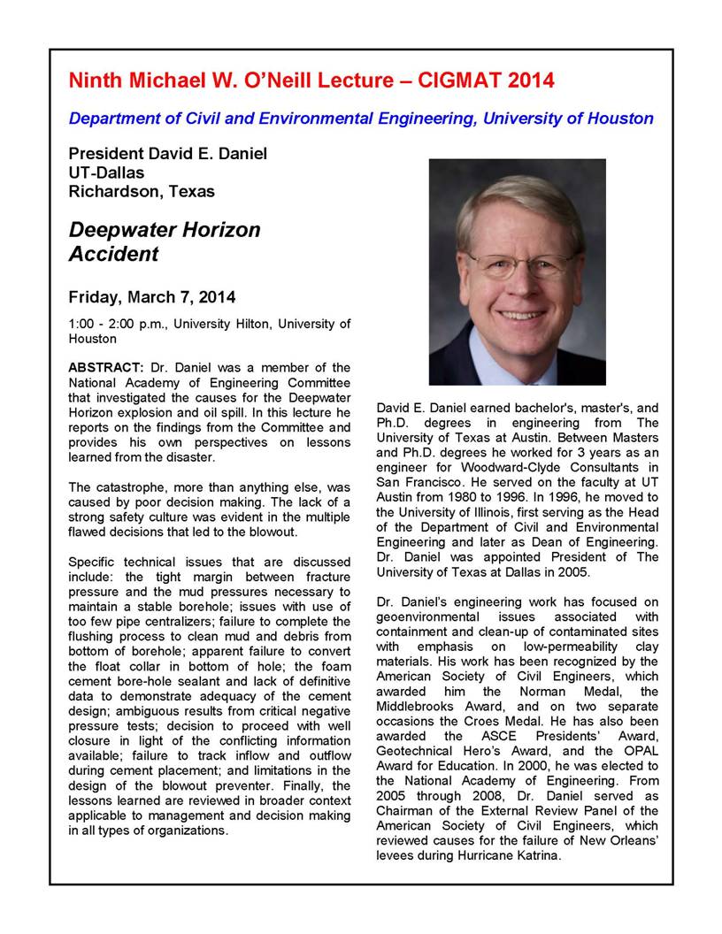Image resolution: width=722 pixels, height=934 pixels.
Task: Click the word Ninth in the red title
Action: [97, 81]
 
